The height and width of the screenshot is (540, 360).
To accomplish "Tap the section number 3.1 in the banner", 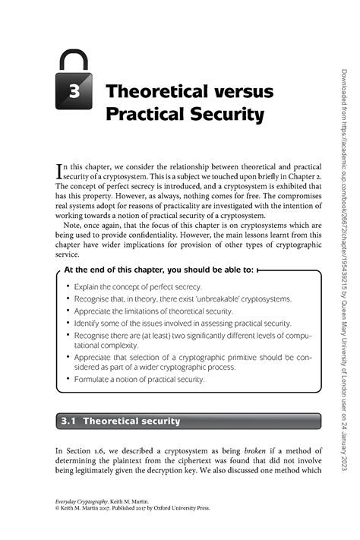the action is (68, 420).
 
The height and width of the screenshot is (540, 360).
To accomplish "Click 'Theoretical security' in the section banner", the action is (131, 420).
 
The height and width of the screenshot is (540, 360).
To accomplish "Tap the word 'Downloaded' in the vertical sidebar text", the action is (343, 92).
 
